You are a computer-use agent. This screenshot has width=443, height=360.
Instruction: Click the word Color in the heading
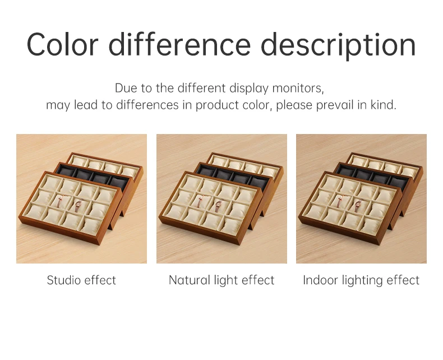tap(62, 45)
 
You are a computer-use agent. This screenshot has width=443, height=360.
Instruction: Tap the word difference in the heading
tap(179, 44)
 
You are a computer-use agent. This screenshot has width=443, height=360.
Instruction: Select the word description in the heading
tap(338, 46)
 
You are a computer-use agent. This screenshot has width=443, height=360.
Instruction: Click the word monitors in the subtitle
tap(298, 88)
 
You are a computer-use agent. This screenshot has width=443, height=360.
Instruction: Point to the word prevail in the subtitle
tap(335, 105)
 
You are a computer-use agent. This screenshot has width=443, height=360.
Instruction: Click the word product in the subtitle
tap(217, 105)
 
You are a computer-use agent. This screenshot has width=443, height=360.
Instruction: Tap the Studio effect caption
tap(81, 280)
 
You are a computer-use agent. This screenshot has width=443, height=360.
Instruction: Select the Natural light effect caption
tap(221, 280)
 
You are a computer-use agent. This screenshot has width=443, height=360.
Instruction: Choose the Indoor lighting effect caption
tap(361, 280)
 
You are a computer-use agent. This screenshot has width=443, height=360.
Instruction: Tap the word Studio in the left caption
tap(63, 280)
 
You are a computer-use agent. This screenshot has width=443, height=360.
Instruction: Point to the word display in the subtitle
tap(248, 89)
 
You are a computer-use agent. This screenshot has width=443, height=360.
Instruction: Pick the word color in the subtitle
tap(257, 105)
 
